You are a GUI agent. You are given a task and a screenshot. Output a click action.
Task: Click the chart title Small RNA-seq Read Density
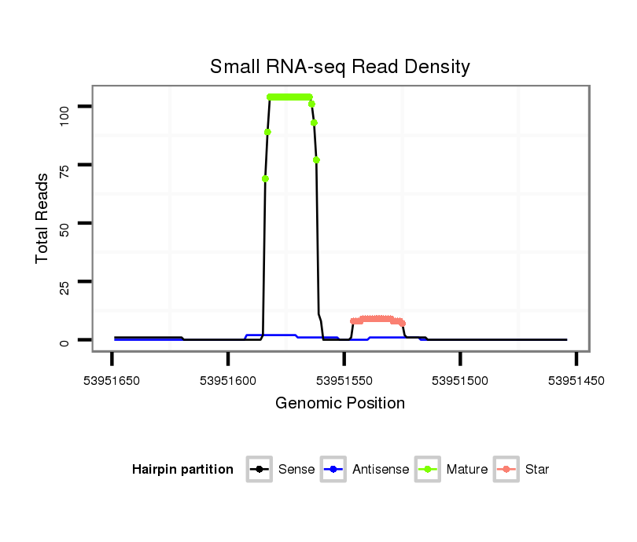[340, 67]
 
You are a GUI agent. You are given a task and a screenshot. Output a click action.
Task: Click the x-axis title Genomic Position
[340, 404]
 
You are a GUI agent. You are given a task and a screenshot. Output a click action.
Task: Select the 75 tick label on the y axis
[64, 165]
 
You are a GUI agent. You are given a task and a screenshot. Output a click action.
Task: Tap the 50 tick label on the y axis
[64, 223]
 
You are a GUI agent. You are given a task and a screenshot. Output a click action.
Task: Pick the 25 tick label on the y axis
[64, 281]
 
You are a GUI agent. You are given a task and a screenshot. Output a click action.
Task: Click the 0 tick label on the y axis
[64, 340]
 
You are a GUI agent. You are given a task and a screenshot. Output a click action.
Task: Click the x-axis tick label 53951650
[112, 380]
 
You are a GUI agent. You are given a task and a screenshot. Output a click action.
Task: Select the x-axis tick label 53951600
[228, 380]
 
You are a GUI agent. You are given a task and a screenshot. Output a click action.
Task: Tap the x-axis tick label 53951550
[344, 380]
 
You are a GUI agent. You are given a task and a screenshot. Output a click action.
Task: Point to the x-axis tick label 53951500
[461, 380]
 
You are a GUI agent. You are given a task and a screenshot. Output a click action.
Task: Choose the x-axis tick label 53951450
[576, 380]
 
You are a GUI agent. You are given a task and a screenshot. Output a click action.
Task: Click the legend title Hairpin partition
[182, 470]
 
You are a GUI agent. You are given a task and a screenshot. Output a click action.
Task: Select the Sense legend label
[296, 470]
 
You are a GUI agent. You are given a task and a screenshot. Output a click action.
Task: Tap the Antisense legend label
[381, 470]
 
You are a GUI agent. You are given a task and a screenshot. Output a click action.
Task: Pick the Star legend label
[537, 470]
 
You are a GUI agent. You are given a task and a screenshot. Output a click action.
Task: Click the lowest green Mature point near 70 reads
[266, 178]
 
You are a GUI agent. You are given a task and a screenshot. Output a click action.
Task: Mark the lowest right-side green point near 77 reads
[316, 160]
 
